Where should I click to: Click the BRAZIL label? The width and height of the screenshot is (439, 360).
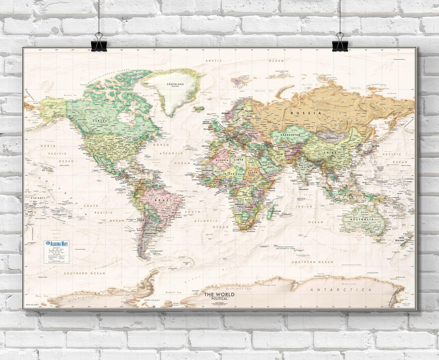(x=161, y=200)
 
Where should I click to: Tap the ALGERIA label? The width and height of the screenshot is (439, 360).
(x=222, y=160)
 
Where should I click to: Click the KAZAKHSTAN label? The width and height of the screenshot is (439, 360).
(x=290, y=135)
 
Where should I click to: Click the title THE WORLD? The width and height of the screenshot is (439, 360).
(x=219, y=294)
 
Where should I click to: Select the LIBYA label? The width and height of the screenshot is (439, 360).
(x=238, y=160)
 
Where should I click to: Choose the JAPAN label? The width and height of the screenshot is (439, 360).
(x=376, y=146)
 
